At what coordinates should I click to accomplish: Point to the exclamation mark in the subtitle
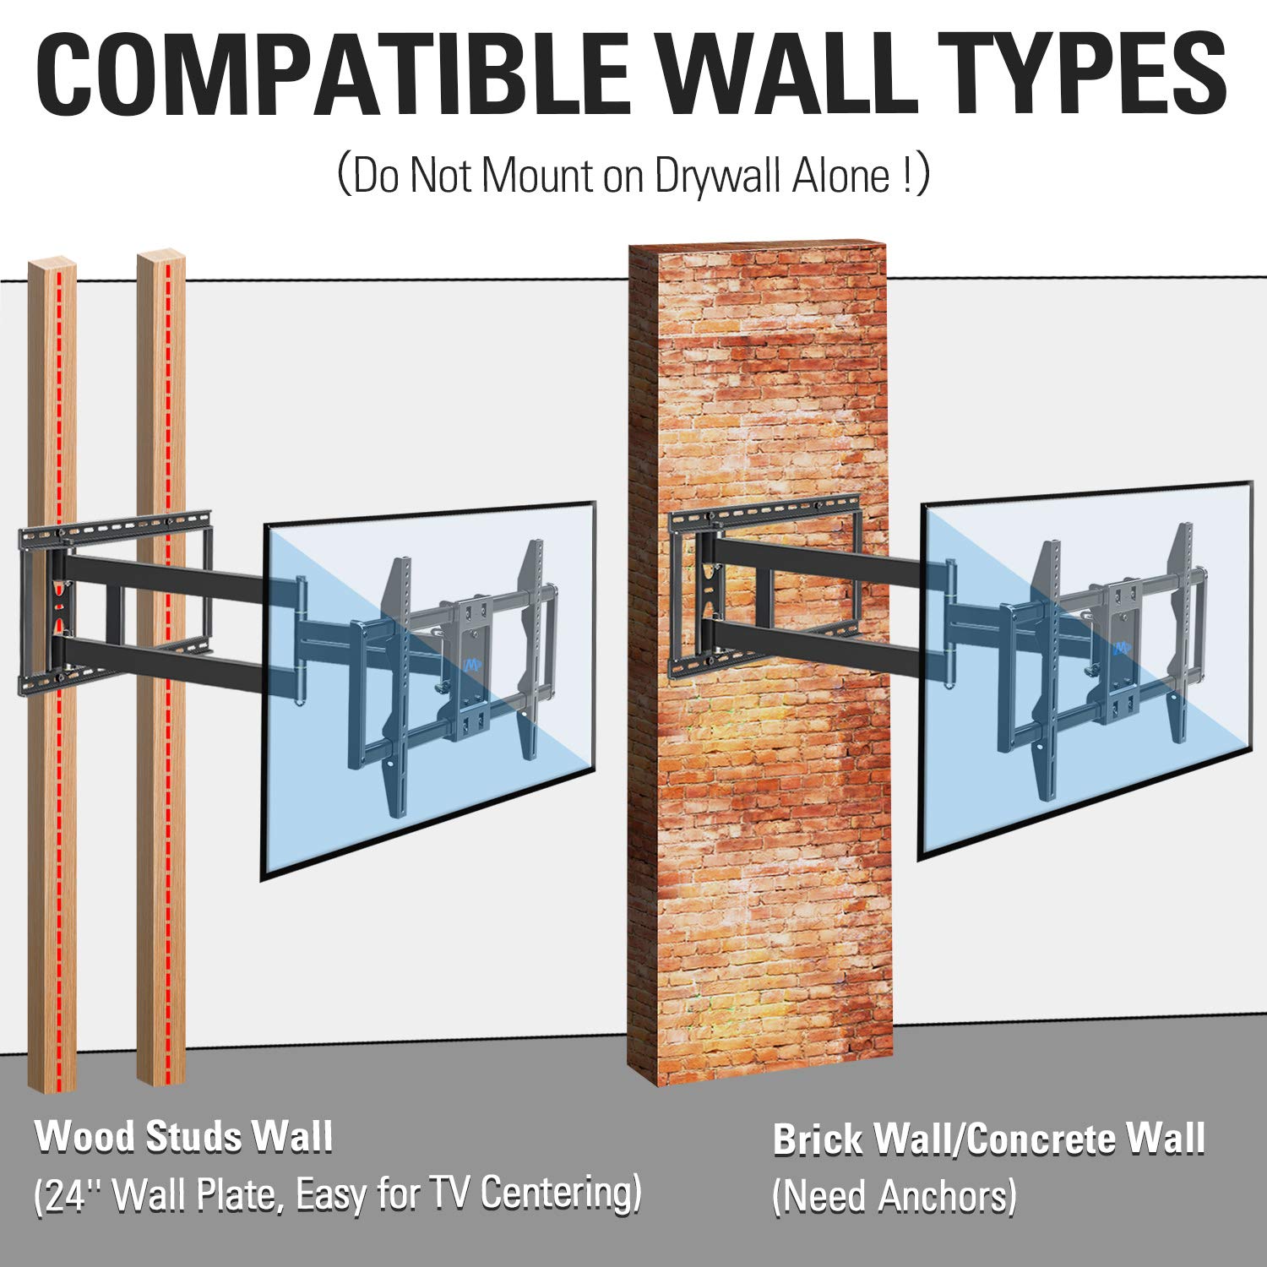pos(905,176)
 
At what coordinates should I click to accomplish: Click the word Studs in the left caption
pos(197,1137)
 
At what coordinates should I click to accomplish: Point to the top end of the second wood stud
pos(160,253)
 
